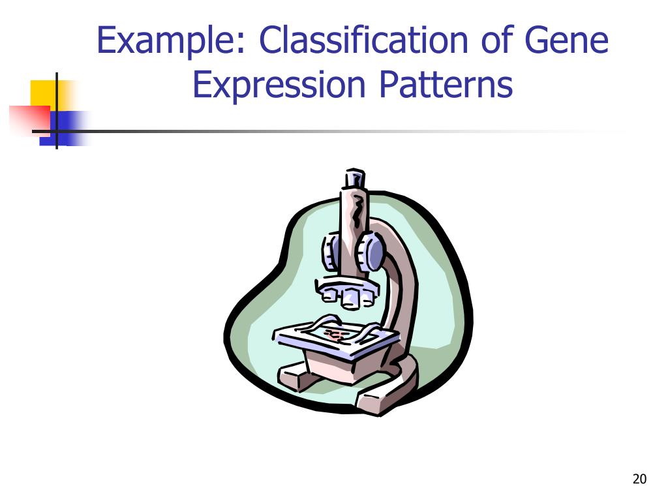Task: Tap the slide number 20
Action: pos(639,479)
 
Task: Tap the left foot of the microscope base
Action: pos(294,377)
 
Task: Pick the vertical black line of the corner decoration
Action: pos(57,111)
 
